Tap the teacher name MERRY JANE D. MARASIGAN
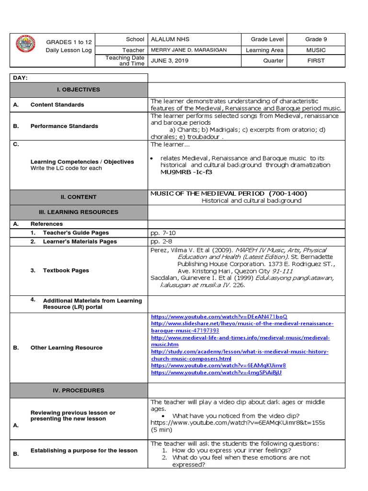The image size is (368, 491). point(188,50)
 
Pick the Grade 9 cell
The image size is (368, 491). point(316,39)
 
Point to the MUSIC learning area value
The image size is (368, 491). point(316,50)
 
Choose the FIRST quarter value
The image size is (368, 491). point(316,61)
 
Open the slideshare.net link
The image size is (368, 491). point(242,324)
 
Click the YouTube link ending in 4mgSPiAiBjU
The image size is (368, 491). point(216,373)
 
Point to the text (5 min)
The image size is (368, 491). point(161,430)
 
